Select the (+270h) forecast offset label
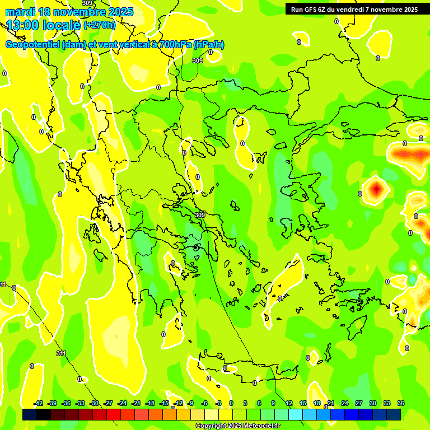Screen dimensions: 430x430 [100, 25]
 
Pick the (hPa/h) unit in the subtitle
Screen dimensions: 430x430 [208, 45]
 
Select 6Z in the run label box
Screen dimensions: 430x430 [323, 10]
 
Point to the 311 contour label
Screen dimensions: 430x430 [61, 353]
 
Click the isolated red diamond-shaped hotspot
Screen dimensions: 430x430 [376, 189]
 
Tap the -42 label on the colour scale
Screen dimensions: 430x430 [39, 403]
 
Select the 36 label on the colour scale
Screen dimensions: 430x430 [401, 403]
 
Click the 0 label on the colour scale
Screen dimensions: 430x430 [231, 403]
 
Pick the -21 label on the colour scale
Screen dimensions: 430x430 [136, 403]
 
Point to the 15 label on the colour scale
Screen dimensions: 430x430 [302, 403]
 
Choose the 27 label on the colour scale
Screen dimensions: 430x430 [359, 403]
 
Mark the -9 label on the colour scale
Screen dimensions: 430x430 [191, 403]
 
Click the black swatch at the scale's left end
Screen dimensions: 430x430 [30, 414]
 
